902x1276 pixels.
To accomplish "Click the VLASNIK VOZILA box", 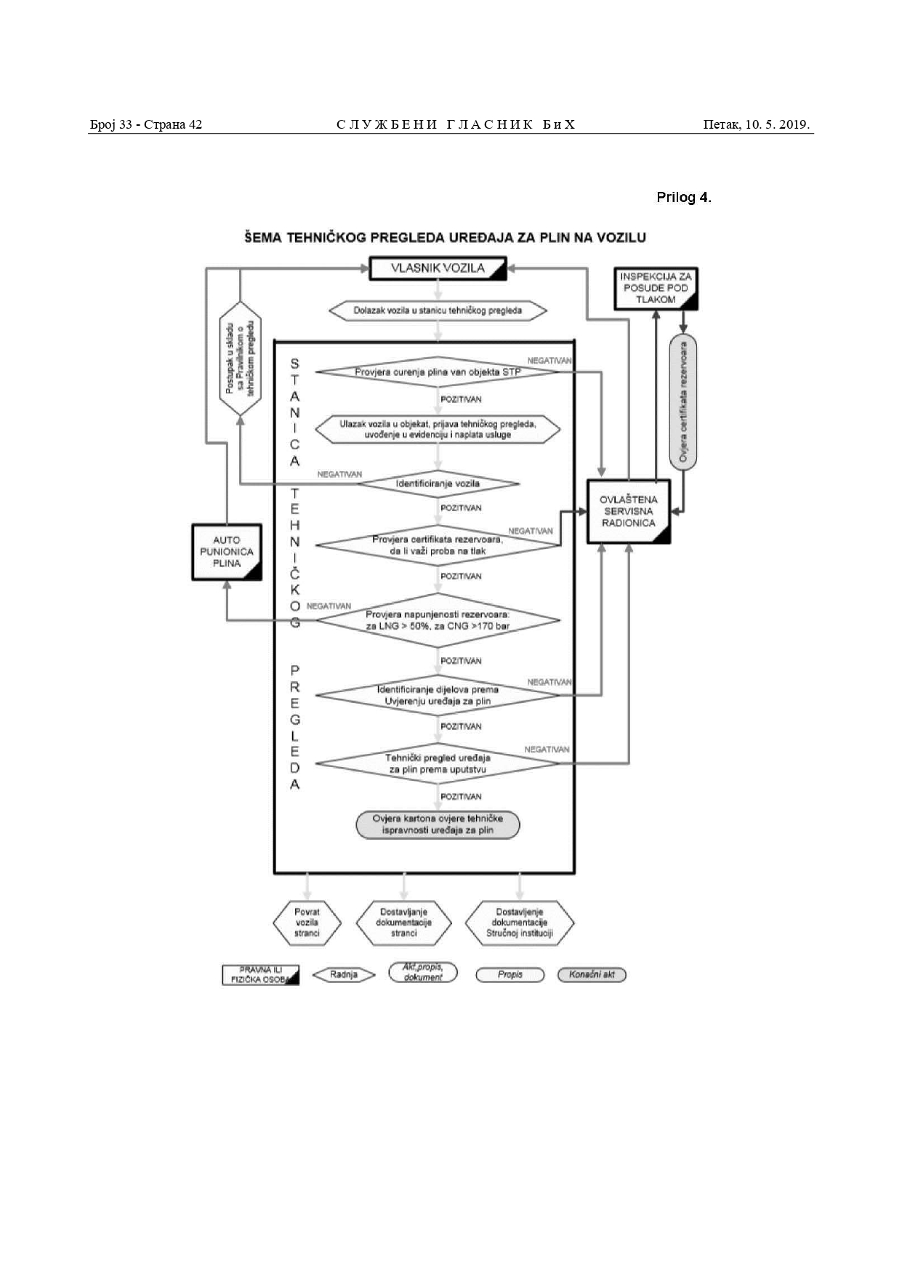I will point(438,268).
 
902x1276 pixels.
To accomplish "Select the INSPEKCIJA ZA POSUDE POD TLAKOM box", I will point(656,288).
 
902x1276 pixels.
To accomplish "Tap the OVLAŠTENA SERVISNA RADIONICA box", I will point(629,511).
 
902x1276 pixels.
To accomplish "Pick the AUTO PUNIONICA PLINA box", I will point(227,552).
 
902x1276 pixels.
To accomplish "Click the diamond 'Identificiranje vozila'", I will point(438,483).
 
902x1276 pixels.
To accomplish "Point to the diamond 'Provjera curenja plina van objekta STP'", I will point(438,372).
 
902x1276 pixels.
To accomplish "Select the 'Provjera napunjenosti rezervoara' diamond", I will point(438,620).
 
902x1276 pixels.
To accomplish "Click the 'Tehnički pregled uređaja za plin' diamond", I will point(438,763).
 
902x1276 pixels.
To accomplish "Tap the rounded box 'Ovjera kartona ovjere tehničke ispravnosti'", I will point(438,824).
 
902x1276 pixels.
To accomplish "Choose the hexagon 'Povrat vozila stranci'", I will point(307,923).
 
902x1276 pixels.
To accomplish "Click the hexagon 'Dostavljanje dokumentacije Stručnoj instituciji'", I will point(520,923).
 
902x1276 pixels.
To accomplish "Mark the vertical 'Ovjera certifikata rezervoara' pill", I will point(683,402).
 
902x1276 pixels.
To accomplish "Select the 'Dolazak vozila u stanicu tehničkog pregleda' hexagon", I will point(438,310).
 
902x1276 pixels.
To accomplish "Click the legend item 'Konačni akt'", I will point(592,975).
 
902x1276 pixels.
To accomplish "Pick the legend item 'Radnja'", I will point(344,975).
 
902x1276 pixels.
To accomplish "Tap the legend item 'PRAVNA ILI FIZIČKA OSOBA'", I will point(260,975).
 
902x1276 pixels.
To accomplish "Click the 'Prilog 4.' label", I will point(683,198).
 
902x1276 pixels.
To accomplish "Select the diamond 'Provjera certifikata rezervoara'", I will point(438,545).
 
